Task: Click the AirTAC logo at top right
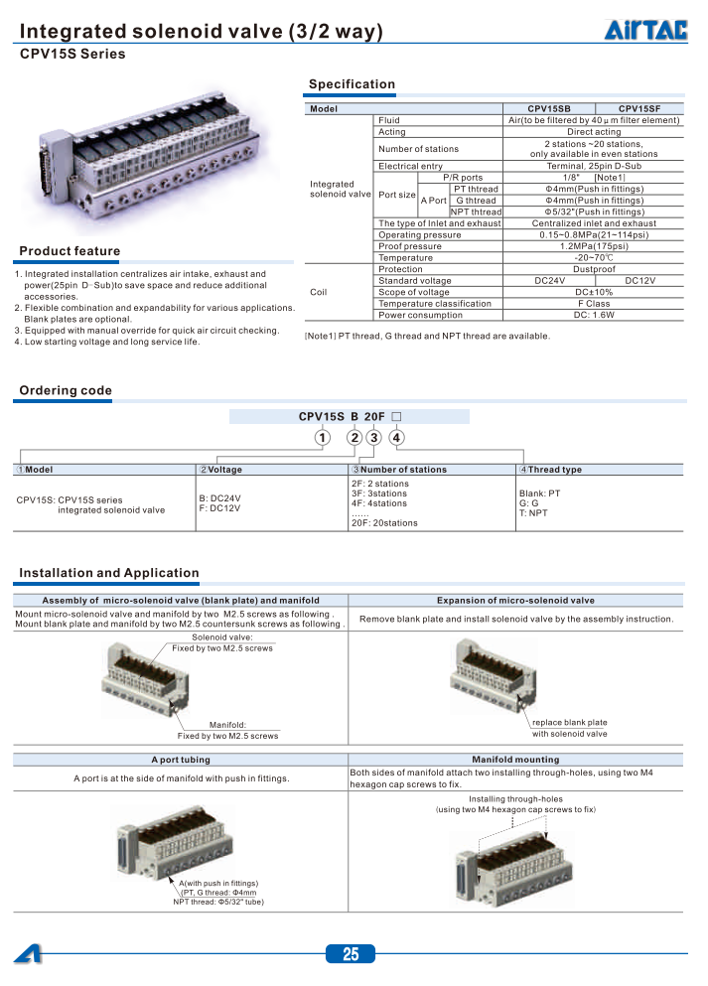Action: click(645, 31)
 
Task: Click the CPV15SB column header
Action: click(548, 108)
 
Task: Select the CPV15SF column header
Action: click(638, 108)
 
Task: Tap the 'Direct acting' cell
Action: click(594, 131)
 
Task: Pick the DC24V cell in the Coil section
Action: click(548, 281)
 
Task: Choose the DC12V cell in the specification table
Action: click(638, 281)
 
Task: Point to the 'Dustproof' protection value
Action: click(594, 269)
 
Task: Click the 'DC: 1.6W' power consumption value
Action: click(594, 315)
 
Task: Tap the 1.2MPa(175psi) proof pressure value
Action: click(594, 246)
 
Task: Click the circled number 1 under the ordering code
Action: click(322, 438)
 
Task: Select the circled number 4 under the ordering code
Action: click(396, 438)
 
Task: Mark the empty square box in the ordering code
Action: click(396, 417)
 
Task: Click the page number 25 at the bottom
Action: click(351, 955)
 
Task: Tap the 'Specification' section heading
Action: click(352, 84)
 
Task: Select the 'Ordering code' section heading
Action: click(66, 390)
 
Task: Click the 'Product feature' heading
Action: click(70, 251)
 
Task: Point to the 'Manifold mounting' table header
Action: click(515, 760)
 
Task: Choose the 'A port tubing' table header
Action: click(181, 760)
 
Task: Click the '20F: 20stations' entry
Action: click(384, 522)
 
